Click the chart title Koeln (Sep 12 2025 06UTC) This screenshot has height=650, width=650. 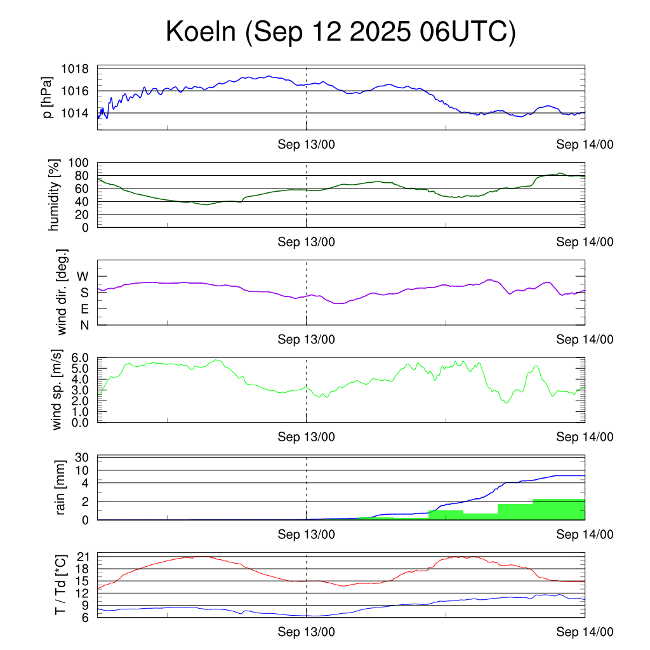pos(341,32)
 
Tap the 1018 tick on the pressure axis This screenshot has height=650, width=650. pos(74,69)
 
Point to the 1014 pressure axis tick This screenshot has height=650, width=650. pos(74,113)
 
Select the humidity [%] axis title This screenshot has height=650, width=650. pos(55,196)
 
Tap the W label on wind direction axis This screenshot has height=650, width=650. pos(83,276)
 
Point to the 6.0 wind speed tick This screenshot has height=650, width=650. pos(79,358)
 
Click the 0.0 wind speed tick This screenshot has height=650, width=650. pos(79,422)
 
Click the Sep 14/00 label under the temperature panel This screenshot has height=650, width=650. pos(585,632)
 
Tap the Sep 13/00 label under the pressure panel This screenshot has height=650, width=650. pos(306,145)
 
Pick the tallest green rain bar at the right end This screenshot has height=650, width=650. pos(559,509)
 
